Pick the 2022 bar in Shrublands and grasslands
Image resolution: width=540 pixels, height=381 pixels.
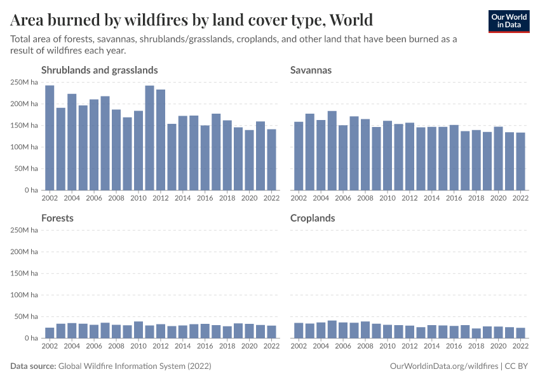(272, 159)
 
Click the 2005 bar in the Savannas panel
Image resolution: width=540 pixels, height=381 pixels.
(332, 150)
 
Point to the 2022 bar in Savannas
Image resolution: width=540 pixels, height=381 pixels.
(521, 161)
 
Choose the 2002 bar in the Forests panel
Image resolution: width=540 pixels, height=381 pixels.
(50, 333)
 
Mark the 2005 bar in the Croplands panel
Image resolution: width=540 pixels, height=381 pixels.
(332, 330)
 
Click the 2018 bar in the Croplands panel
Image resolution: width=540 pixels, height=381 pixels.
(476, 333)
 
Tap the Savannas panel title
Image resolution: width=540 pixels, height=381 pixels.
(311, 70)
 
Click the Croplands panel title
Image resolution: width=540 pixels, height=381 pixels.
(313, 218)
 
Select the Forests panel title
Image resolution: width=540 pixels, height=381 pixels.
(57, 218)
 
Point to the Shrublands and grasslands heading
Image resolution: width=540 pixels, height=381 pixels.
(99, 70)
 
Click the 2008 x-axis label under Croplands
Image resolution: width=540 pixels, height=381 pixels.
(365, 346)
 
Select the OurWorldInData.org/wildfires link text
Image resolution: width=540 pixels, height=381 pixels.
(443, 366)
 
